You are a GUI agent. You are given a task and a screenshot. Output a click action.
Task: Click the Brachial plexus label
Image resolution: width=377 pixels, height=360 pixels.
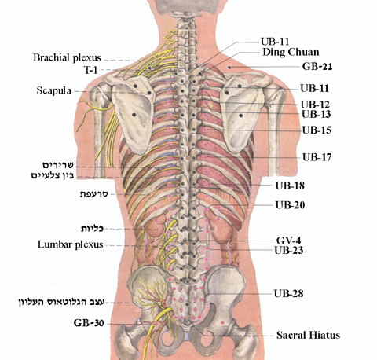click(67, 57)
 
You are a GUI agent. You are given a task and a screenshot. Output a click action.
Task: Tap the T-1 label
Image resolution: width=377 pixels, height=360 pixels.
click(90, 70)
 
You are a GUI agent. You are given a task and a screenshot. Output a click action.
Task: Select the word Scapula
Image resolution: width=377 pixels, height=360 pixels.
click(53, 90)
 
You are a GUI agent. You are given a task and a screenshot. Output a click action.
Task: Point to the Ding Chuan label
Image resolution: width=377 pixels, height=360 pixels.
click(291, 52)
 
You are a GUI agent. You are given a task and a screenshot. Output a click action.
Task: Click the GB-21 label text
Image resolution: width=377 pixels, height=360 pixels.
click(317, 66)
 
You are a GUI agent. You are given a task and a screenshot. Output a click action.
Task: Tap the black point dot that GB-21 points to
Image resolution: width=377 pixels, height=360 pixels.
click(229, 68)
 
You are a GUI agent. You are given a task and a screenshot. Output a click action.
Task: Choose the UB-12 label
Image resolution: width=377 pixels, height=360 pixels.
click(315, 105)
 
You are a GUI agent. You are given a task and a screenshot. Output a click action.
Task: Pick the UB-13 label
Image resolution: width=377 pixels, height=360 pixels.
click(316, 114)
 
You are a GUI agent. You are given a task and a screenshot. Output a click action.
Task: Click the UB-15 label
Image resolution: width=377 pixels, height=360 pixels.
click(317, 130)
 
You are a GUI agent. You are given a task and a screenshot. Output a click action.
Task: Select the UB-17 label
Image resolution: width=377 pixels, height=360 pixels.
click(317, 157)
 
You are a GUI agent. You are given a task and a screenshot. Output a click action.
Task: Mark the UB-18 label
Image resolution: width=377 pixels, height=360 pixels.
click(290, 186)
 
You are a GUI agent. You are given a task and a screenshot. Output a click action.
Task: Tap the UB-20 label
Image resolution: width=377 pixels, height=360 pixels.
click(290, 205)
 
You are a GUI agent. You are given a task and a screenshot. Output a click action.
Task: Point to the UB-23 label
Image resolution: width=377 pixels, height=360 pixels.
click(289, 250)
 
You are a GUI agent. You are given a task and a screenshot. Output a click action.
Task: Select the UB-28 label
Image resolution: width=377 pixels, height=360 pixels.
click(288, 293)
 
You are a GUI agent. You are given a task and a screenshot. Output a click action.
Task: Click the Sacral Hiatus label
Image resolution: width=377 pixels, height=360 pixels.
click(308, 335)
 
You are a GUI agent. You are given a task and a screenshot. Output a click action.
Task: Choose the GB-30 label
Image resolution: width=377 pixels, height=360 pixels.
click(89, 323)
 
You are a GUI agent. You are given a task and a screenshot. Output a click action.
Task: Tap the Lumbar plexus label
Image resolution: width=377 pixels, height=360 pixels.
click(70, 244)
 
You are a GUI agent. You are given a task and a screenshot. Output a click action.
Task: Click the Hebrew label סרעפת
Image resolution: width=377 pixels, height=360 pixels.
click(93, 194)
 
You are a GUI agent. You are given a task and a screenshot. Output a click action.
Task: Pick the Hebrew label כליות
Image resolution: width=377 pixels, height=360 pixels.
click(92, 229)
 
